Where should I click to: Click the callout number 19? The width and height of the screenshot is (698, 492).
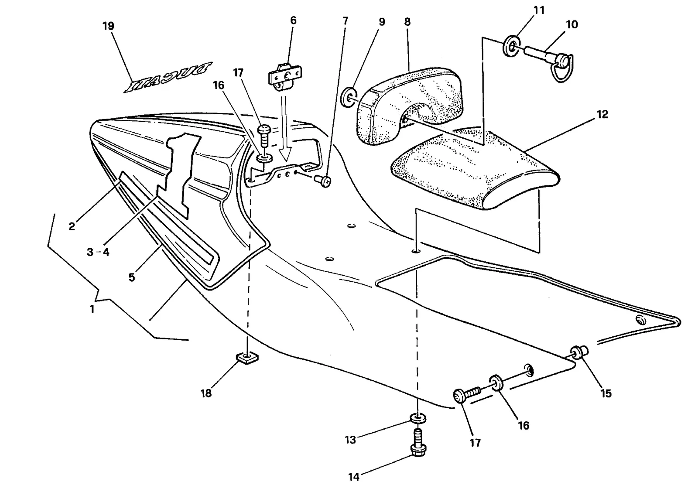pyautogui.click(x=109, y=26)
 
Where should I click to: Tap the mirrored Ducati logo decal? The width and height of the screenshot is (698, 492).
pyautogui.click(x=168, y=77)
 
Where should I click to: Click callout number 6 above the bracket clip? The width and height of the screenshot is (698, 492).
pyautogui.click(x=293, y=20)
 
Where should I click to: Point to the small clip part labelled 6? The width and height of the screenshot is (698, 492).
pyautogui.click(x=285, y=78)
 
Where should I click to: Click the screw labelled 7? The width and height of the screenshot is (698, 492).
pyautogui.click(x=323, y=181)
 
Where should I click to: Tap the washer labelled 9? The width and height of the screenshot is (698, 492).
pyautogui.click(x=347, y=97)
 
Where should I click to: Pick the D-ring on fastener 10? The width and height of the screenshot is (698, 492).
pyautogui.click(x=562, y=69)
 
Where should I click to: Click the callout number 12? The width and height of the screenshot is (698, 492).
pyautogui.click(x=602, y=115)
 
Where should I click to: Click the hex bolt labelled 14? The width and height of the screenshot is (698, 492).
pyautogui.click(x=418, y=442)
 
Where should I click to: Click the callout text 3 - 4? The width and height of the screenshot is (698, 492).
pyautogui.click(x=98, y=252)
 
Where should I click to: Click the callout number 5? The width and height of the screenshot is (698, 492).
pyautogui.click(x=132, y=277)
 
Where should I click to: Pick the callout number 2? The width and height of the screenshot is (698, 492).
pyautogui.click(x=72, y=226)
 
